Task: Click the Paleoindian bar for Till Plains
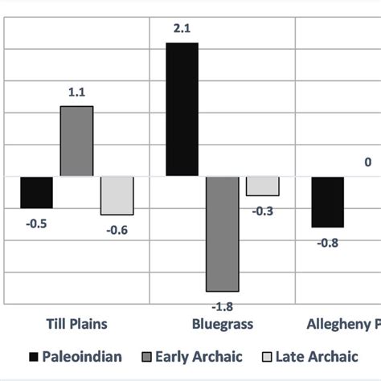pos(36,192)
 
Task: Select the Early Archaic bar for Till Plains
pos(76,141)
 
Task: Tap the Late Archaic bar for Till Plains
pos(117,195)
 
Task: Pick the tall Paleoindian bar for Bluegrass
pos(182,109)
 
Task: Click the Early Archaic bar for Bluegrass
pos(222,233)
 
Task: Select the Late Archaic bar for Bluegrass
pos(263,186)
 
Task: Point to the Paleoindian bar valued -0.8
pos(328,202)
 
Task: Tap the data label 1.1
pos(76,93)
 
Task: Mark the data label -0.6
pos(117,230)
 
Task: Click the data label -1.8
pos(222,305)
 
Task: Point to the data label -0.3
pos(263,211)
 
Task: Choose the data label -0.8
pos(328,242)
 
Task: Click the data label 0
pos(368,162)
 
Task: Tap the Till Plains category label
pos(76,325)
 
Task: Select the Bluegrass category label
pos(222,325)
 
